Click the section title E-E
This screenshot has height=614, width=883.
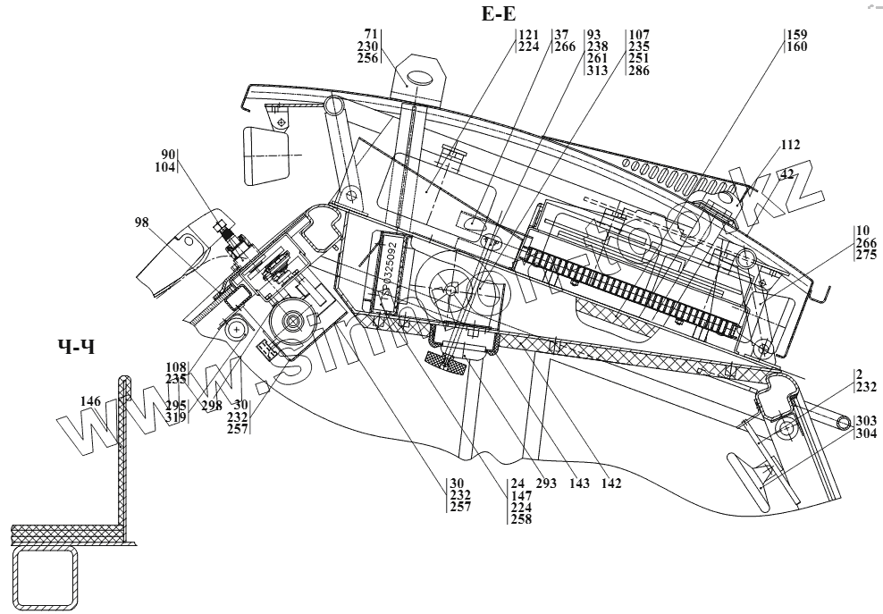(498, 14)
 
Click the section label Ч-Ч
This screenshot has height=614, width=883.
(75, 347)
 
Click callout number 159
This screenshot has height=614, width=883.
(797, 35)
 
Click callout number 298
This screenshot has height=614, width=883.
(211, 406)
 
